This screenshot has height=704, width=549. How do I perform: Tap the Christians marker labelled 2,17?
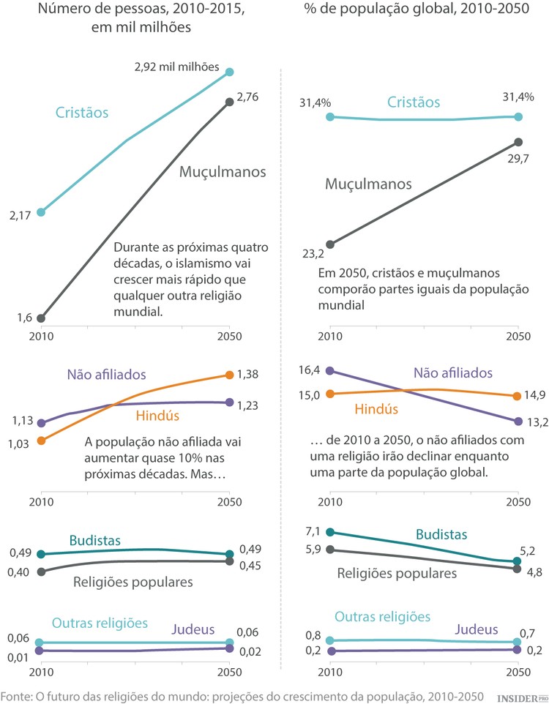coord(41,212)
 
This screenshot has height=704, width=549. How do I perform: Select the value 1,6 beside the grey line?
coord(24,317)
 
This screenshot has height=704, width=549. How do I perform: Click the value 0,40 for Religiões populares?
coord(19,572)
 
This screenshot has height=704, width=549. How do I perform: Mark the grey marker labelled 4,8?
coord(518,569)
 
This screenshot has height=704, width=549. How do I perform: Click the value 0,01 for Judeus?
coord(19,656)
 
